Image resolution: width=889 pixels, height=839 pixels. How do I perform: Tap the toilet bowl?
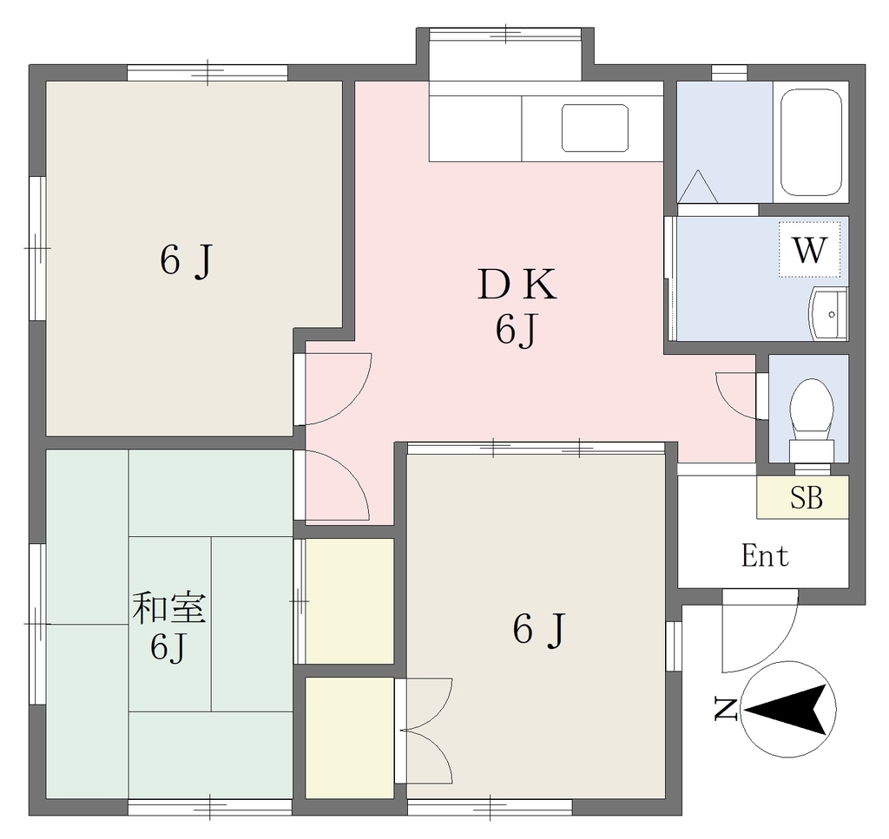click(812, 406)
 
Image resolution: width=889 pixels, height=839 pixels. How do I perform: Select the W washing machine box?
click(809, 249)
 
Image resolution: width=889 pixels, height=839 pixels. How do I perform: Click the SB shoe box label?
click(807, 497)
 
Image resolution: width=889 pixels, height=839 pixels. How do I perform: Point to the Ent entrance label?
click(765, 556)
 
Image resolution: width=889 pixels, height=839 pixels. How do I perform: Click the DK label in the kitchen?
click(517, 285)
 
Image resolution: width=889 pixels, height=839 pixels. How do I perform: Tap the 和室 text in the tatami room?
click(168, 608)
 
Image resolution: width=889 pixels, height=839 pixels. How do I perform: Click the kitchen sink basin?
click(595, 128)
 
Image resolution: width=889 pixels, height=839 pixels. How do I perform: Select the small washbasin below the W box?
click(828, 313)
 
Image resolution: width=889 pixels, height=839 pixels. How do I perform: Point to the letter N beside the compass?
click(725, 710)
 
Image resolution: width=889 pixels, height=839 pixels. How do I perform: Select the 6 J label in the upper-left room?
click(186, 260)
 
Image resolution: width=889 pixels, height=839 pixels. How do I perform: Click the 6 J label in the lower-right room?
click(539, 629)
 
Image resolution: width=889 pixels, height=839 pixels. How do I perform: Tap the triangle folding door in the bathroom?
click(698, 187)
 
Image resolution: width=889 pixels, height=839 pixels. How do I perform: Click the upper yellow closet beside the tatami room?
click(350, 600)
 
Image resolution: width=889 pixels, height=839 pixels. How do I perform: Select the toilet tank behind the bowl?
click(812, 451)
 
